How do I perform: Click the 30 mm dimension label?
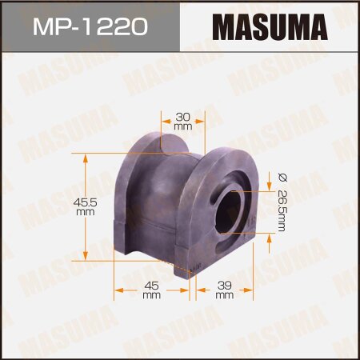[182, 120]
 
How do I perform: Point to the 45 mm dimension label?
[151, 291]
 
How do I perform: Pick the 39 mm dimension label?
[225, 291]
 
